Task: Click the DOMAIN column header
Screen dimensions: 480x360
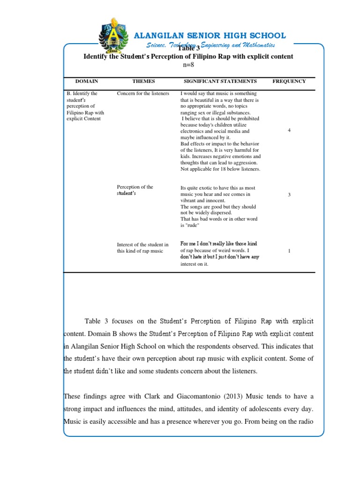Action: click(87, 81)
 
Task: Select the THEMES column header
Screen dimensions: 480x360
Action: click(143, 81)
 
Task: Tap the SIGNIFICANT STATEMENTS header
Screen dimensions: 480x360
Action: click(220, 81)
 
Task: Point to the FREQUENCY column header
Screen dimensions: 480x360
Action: click(289, 81)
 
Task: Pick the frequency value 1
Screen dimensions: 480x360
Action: click(289, 251)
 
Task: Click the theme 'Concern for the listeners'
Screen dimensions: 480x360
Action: click(143, 93)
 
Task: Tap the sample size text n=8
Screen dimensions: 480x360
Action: click(188, 65)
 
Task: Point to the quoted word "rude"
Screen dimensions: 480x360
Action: click(193, 225)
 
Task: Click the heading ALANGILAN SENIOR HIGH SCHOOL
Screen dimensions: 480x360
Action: click(210, 36)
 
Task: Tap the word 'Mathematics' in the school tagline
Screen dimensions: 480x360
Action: click(257, 45)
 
